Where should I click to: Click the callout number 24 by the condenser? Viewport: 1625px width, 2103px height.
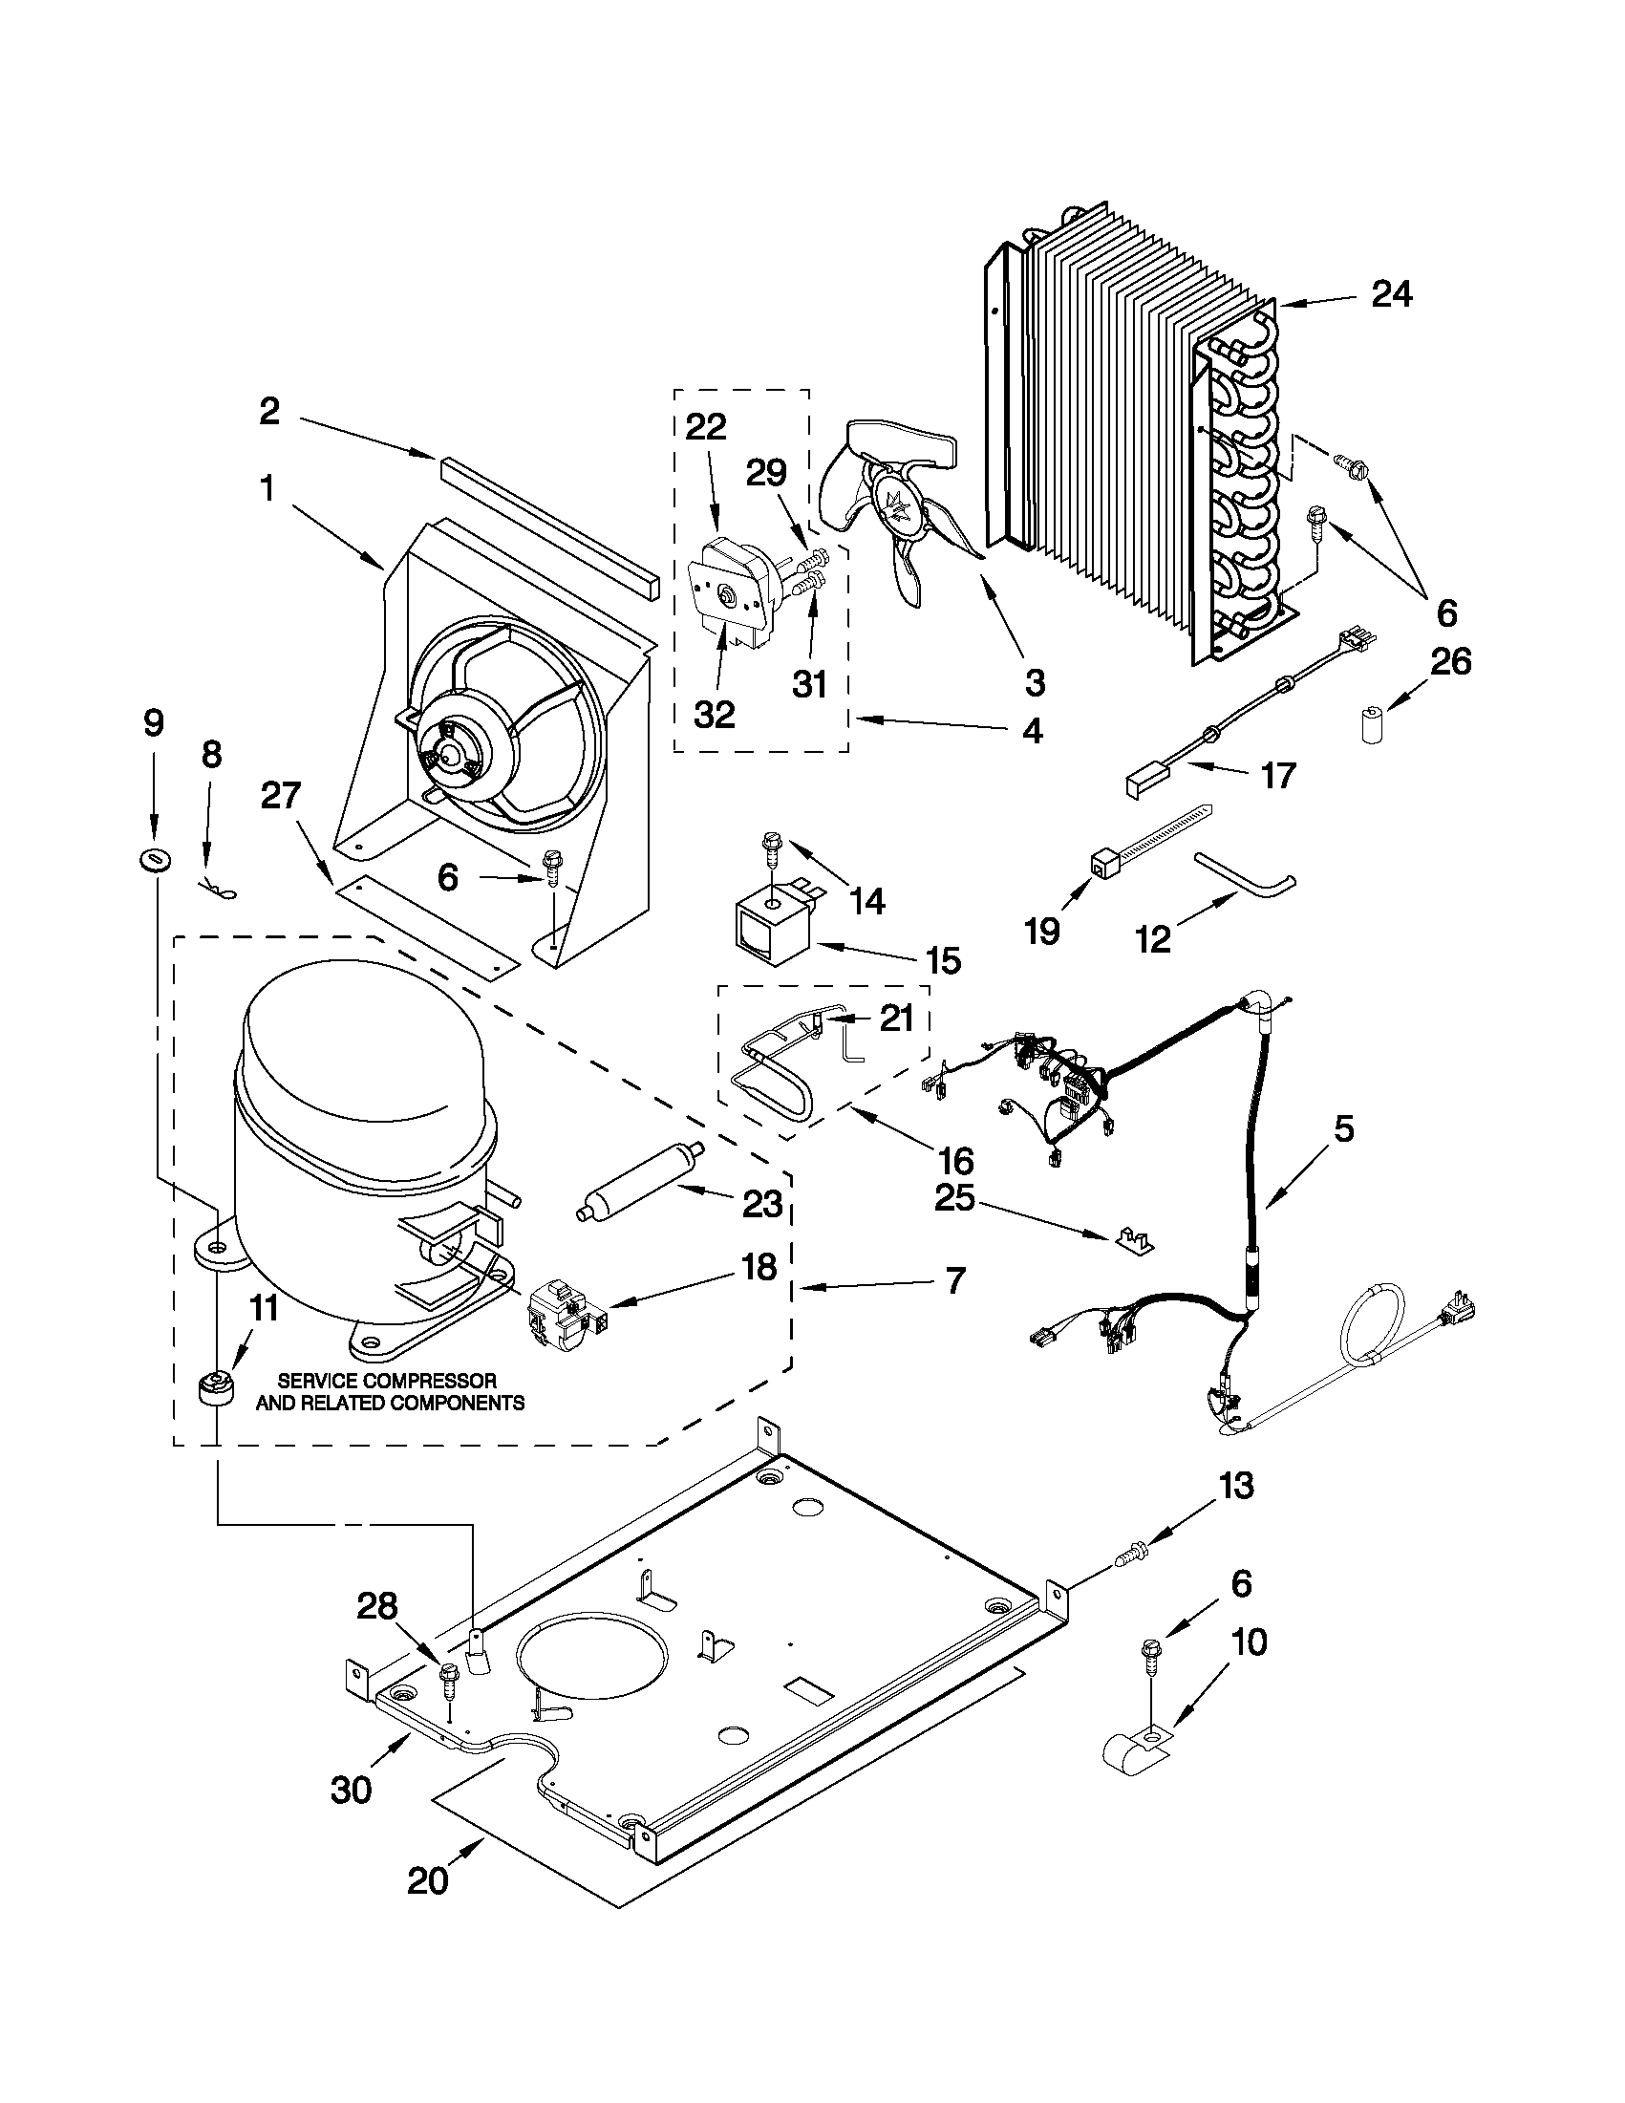pos(1391,293)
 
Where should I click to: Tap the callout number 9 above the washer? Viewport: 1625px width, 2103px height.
pos(154,723)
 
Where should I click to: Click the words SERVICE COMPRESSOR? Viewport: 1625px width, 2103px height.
pos(388,1381)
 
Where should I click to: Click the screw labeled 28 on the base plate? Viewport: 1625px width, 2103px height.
pos(448,1679)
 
